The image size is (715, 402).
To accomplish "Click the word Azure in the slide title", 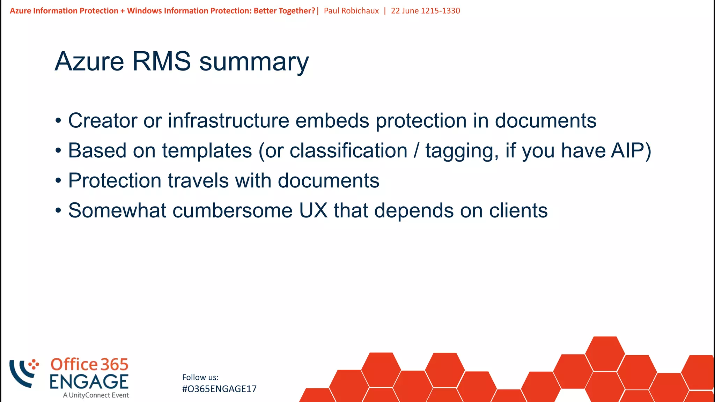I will pyautogui.click(x=89, y=61).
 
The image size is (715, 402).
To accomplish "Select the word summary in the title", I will pyautogui.click(x=254, y=62).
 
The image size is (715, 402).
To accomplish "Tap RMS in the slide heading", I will pyautogui.click(x=161, y=61).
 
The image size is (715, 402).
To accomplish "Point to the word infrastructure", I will pyautogui.click(x=228, y=121).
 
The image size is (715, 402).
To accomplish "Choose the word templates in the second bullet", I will pyautogui.click(x=207, y=151).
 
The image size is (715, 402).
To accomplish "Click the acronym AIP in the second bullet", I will pyautogui.click(x=627, y=151).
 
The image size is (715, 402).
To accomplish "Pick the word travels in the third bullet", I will pyautogui.click(x=198, y=181).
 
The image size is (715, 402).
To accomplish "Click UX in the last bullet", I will pyautogui.click(x=313, y=211).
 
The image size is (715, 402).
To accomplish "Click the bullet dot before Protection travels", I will pyautogui.click(x=58, y=181).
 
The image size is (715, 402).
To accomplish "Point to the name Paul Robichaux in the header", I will pyautogui.click(x=351, y=11).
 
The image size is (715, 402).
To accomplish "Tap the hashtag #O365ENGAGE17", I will pyautogui.click(x=219, y=389).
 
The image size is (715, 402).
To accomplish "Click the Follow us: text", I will pyautogui.click(x=200, y=377).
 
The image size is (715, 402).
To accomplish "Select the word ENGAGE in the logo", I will pyautogui.click(x=89, y=382).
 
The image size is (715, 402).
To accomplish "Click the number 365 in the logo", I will pyautogui.click(x=115, y=365).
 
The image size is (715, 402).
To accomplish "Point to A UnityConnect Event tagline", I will pyautogui.click(x=96, y=395).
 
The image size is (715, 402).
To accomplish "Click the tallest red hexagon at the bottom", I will pyautogui.click(x=605, y=353).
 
